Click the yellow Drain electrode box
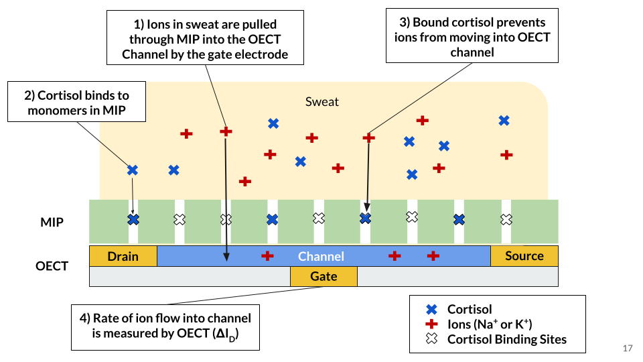(123, 256)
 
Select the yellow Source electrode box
(524, 256)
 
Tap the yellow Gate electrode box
(324, 276)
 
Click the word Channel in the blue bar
(321, 256)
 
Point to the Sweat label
(322, 102)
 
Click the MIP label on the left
(52, 221)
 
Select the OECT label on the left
(52, 266)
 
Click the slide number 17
(628, 348)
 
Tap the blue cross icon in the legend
(432, 310)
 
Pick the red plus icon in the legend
(432, 324)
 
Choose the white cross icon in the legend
(432, 339)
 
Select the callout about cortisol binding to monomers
(78, 103)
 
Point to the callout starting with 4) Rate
(165, 327)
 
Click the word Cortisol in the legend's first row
(470, 310)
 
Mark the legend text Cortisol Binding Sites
(507, 339)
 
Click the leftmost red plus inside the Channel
(267, 255)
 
